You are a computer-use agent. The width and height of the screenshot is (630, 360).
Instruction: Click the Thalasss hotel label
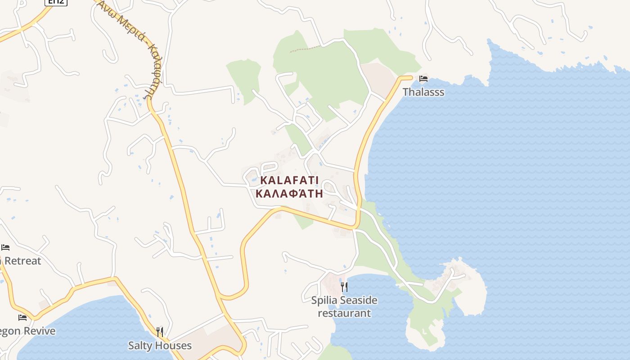coord(423,92)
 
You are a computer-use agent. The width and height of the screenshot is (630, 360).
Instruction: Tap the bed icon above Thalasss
coord(423,79)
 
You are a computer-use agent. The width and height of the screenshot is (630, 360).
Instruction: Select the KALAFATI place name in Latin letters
coord(289,181)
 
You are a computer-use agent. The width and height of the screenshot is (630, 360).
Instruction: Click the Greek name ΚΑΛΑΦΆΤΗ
coord(289,194)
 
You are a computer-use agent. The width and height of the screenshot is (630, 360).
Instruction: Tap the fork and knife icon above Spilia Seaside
coord(344,287)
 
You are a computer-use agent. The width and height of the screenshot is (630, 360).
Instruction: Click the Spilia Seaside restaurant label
coord(344,306)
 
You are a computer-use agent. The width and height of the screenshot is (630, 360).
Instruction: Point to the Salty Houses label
coord(160,346)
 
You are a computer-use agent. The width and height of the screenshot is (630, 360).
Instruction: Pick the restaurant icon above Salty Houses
coord(160,332)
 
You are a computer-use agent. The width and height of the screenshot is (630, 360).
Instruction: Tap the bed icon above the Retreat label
coord(5,247)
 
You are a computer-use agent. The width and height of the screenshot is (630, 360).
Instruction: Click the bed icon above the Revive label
coord(22,318)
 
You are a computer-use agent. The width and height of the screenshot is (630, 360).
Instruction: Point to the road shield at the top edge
coord(56,2)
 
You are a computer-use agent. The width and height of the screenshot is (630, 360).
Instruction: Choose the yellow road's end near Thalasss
coord(409,77)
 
